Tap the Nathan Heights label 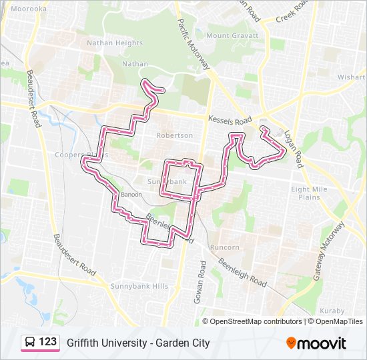coord(115,43)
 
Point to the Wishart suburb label coord(352,77)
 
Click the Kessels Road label coord(230,121)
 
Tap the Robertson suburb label coord(174,135)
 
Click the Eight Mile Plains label coord(310,193)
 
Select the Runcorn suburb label coord(224,247)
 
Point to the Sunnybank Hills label coord(139,286)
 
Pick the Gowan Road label coord(200,282)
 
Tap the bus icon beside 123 coord(30,343)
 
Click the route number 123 coord(48,342)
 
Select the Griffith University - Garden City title coord(138,343)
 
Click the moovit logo coord(316,343)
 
